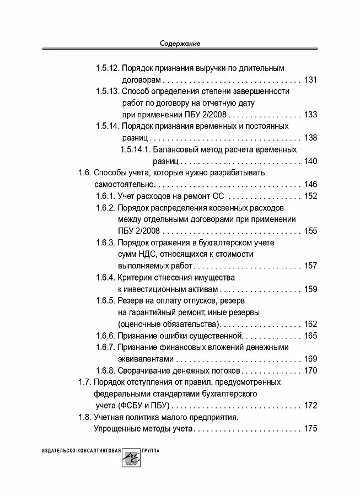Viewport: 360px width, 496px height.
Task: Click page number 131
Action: click(x=311, y=80)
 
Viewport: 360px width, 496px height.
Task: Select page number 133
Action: click(x=311, y=115)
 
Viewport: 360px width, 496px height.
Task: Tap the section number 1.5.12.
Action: click(x=108, y=68)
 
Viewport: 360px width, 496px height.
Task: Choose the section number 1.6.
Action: click(x=84, y=172)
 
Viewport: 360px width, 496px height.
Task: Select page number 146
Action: click(x=311, y=184)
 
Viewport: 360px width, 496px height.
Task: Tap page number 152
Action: click(x=311, y=196)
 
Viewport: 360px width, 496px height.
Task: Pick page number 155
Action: click(x=311, y=231)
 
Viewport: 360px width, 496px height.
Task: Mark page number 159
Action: click(x=311, y=289)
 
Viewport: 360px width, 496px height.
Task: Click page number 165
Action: click(x=311, y=336)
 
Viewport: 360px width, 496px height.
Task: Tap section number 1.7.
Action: click(x=84, y=382)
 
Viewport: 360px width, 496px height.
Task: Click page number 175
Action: click(x=311, y=428)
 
